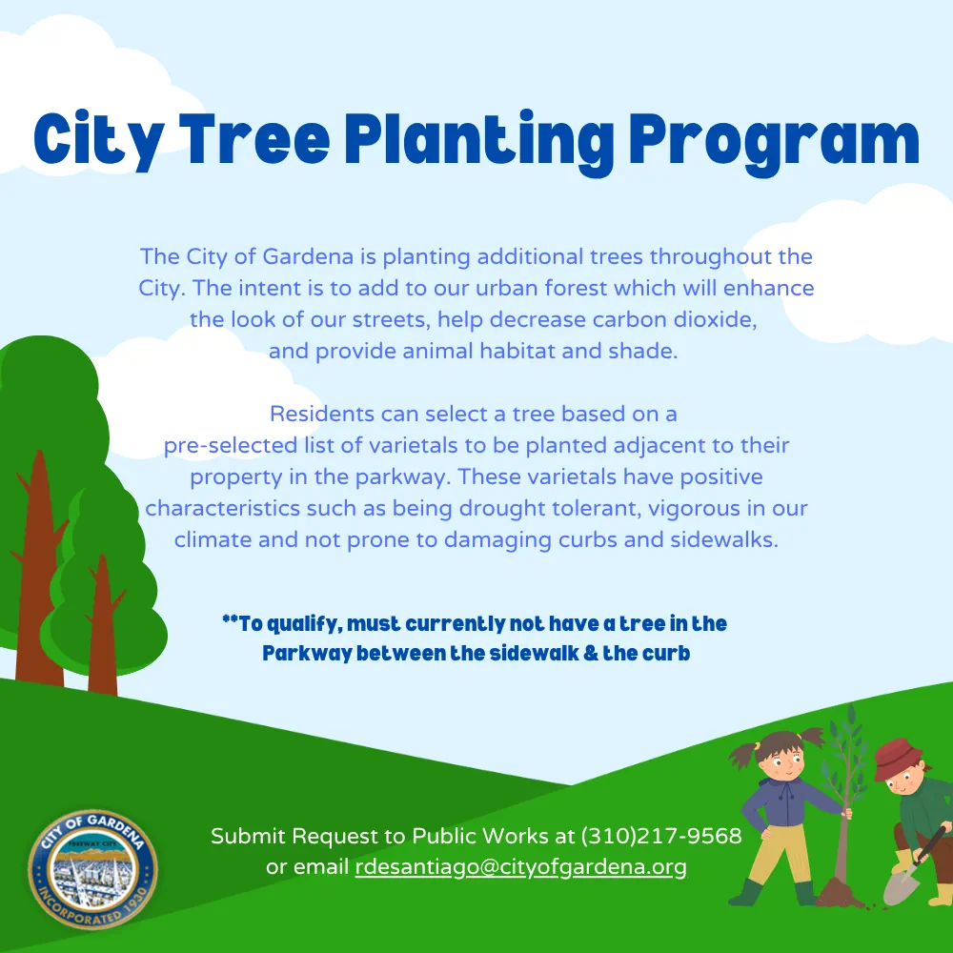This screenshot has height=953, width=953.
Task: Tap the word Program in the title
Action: [774, 144]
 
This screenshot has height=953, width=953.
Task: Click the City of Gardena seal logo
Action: [93, 869]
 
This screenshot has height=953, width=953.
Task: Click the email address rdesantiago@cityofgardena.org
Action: [521, 867]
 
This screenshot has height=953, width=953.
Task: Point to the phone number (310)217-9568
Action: [662, 837]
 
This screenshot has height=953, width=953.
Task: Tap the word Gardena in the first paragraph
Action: [308, 256]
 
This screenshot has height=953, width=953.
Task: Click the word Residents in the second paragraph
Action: [321, 414]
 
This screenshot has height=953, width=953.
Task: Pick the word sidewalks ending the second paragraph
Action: [724, 539]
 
